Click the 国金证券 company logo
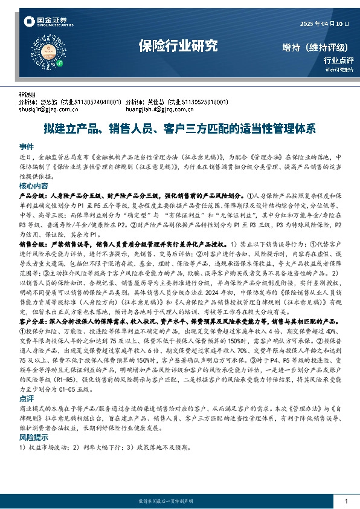45,22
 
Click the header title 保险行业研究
178,45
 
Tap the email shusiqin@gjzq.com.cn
54,109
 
